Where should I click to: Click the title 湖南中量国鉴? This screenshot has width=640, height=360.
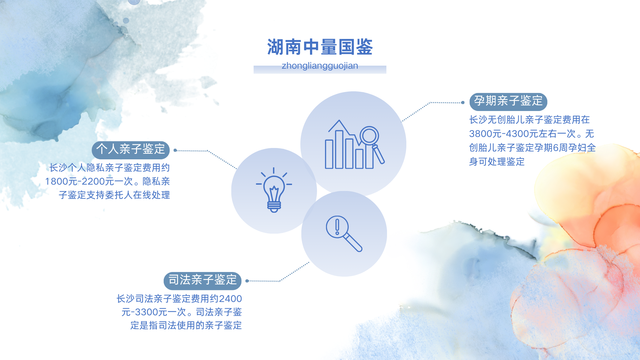point(320,47)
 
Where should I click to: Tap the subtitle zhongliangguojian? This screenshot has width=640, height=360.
point(320,66)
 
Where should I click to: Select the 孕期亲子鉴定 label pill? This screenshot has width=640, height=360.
point(508,101)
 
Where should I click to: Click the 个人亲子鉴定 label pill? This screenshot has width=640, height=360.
point(131,150)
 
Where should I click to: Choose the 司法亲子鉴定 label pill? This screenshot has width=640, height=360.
point(203,281)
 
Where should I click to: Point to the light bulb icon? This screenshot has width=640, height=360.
point(274,190)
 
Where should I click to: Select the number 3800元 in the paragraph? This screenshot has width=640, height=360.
point(486,134)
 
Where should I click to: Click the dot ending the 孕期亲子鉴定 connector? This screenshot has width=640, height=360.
point(463,102)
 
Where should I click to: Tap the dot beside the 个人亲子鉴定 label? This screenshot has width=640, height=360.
point(175,150)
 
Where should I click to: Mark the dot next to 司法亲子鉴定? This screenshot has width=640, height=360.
point(247,281)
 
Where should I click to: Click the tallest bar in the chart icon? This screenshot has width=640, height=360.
point(339,149)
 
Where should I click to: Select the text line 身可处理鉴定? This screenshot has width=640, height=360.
point(497,162)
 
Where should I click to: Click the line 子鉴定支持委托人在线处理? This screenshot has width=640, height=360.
point(114,195)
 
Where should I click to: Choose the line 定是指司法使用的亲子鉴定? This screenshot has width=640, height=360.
point(186,325)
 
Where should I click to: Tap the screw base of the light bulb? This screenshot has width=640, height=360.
point(274,206)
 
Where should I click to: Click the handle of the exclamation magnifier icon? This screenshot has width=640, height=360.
point(353,242)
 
